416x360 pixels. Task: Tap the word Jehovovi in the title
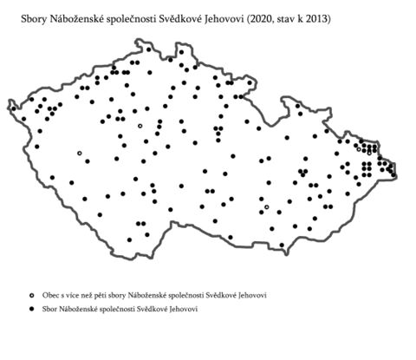(x=236, y=17)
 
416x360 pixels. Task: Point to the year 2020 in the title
(x=275, y=17)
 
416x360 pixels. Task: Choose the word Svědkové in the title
(x=191, y=17)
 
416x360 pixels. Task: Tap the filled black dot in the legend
(x=30, y=310)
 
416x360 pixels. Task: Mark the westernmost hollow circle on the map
(x=79, y=154)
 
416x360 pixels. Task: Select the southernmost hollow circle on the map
(x=267, y=207)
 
